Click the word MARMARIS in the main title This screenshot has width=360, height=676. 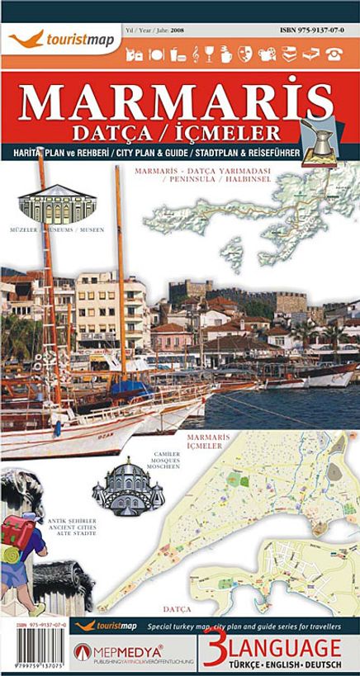179,102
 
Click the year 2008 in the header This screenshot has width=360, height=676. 177,30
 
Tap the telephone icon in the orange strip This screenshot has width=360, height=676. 334,54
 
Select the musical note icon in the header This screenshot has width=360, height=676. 196,54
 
